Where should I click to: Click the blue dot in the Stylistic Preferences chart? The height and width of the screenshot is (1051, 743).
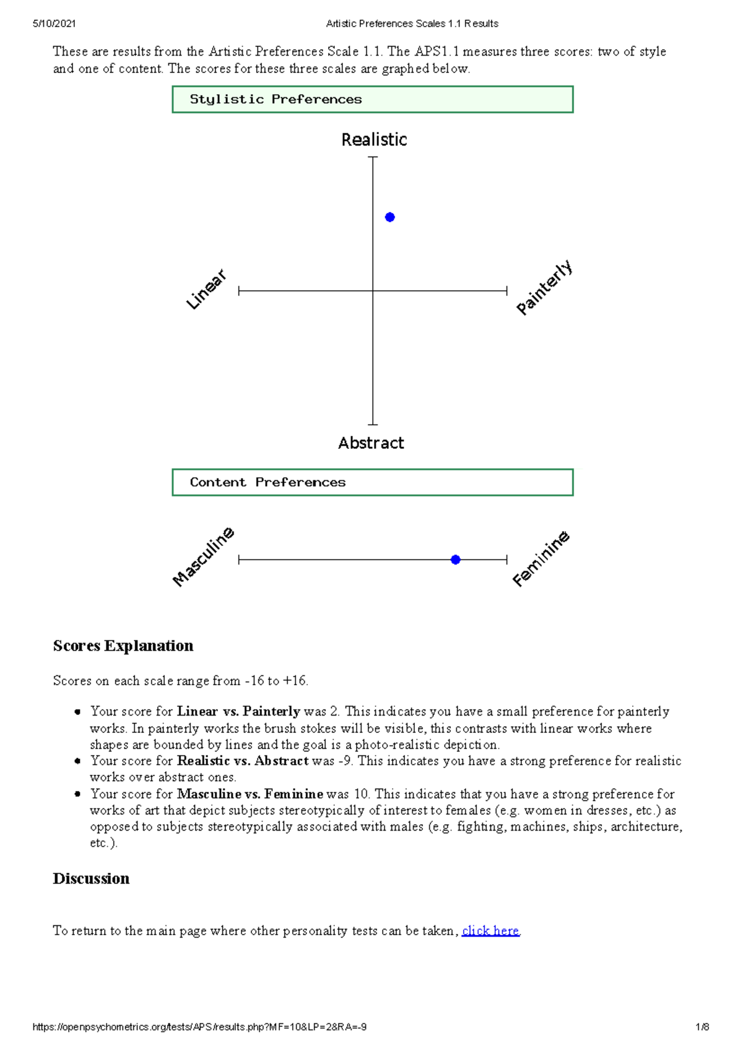coord(390,217)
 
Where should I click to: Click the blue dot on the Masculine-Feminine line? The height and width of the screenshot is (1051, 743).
coord(456,560)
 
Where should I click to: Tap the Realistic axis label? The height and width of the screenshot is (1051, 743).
coord(374,140)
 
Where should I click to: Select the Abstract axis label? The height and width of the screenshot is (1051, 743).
coord(371,443)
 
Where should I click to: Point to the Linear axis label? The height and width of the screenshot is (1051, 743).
coord(207,289)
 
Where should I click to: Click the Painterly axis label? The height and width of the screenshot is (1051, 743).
coord(544,288)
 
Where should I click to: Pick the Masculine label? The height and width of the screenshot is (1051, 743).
coord(203,556)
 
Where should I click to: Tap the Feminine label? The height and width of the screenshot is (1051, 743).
coord(541,558)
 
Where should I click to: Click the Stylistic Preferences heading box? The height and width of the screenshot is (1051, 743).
coord(373,100)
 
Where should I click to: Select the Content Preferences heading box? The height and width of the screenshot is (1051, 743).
coord(373,482)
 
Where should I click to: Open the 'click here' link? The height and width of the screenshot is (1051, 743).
coord(490,931)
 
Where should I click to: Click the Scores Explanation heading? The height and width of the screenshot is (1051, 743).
coord(123,646)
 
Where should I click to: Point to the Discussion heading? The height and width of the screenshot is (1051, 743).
coord(91,879)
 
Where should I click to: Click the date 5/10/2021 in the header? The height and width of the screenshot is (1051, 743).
coord(54,24)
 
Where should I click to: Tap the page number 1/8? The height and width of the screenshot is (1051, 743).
coord(702,1027)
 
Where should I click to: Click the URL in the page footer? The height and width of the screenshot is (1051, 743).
coord(199,1027)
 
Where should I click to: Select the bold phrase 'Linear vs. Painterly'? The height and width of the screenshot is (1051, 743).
coord(238,712)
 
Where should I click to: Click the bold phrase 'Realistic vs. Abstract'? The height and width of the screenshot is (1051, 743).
coord(243,761)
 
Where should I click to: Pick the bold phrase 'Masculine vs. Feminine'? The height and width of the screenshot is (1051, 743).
coord(250,794)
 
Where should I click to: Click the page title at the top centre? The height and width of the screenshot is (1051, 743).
coord(412,24)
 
